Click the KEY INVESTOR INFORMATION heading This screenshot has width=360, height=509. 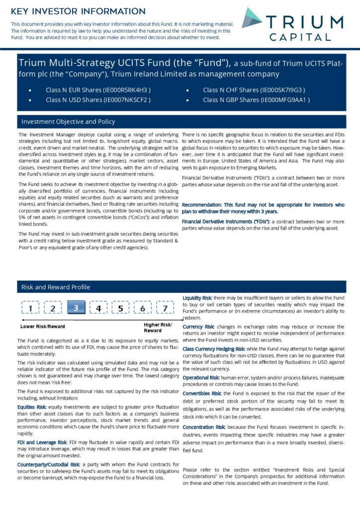78,11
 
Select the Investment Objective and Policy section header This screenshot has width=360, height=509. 68,122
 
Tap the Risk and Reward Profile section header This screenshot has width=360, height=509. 56,287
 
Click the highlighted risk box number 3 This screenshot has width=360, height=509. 76,308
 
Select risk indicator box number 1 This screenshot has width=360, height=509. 31,309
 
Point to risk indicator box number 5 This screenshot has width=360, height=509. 120,309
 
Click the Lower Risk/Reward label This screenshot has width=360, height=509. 42,327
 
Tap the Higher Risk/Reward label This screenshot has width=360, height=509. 154,328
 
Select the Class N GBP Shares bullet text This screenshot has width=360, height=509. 256,100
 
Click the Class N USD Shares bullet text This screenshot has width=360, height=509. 98,100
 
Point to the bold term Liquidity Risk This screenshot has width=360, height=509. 197,297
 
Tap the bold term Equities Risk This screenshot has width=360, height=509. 32,407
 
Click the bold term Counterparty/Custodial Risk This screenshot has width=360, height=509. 49,464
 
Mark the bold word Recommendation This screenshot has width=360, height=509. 201,205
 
